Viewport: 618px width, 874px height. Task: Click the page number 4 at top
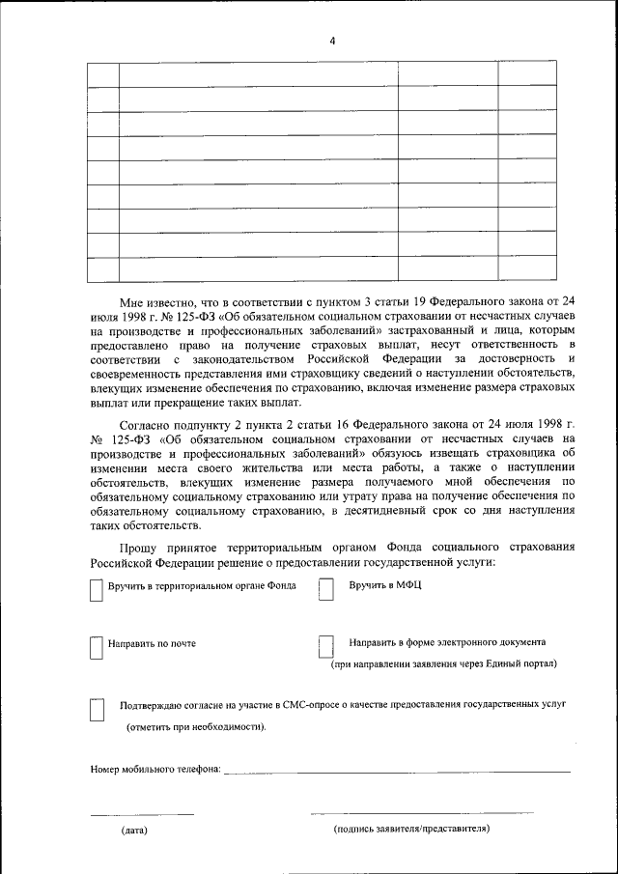(332, 41)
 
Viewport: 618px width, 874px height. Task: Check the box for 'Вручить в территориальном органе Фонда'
(96, 590)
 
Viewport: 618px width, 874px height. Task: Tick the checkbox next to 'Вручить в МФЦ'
(326, 590)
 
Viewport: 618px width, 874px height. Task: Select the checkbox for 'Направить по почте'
(96, 647)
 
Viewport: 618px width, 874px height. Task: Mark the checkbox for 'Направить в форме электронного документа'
(326, 647)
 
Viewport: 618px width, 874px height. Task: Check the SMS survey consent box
(96, 710)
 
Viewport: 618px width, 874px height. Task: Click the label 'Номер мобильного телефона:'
(155, 770)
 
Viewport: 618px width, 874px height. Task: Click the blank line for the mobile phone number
(396, 772)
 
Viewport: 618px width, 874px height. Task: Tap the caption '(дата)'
(134, 830)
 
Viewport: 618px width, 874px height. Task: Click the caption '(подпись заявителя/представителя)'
(411, 829)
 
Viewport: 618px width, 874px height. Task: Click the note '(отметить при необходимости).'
(197, 727)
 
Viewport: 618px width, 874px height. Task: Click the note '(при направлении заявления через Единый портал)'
(443, 664)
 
